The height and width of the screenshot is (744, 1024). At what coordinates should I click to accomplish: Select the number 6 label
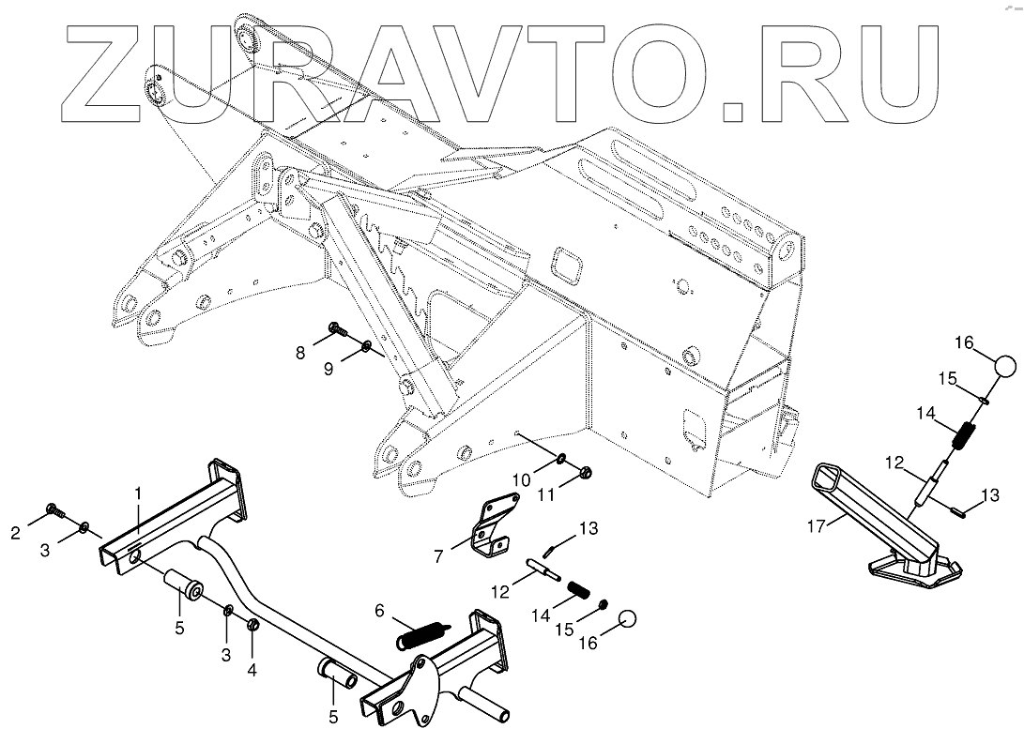click(379, 610)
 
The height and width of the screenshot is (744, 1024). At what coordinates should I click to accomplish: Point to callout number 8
click(300, 353)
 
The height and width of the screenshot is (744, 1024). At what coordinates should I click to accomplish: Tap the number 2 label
click(16, 534)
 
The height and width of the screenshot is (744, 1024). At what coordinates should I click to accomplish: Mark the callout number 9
click(329, 370)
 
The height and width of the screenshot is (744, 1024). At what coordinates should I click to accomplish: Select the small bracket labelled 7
click(492, 529)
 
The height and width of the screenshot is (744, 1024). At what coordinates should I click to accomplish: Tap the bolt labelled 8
click(336, 329)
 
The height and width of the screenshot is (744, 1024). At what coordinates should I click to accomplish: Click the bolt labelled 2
click(54, 512)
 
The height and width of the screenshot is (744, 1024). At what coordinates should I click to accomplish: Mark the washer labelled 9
click(365, 350)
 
